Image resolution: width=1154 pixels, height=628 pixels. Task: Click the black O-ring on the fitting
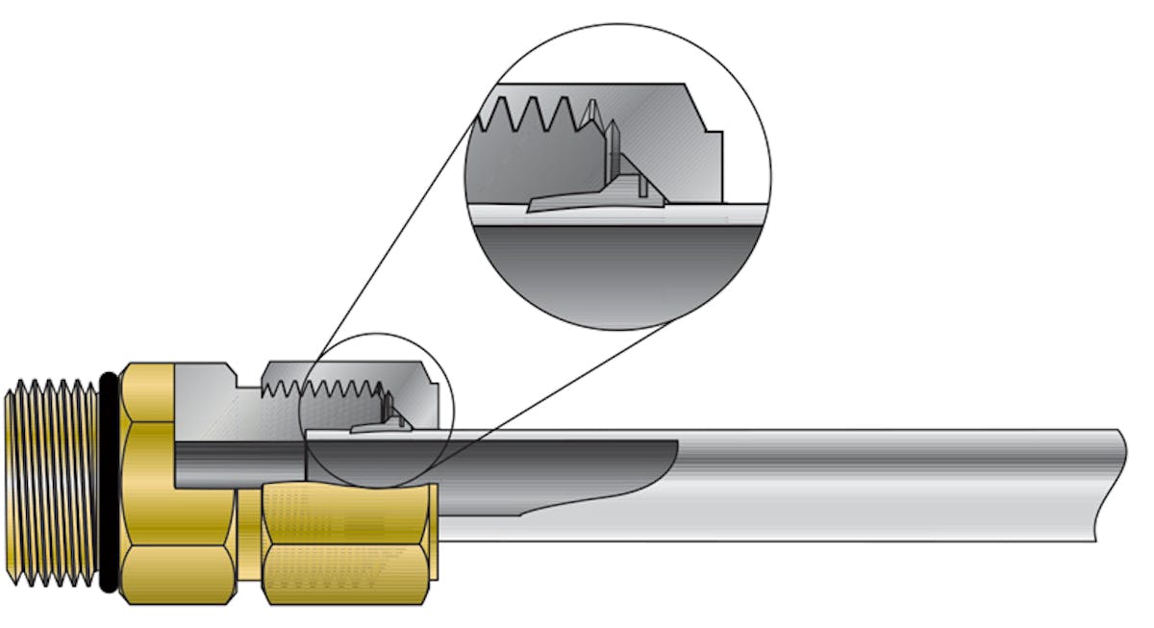coord(109,481)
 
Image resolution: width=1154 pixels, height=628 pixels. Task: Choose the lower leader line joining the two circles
coord(558,385)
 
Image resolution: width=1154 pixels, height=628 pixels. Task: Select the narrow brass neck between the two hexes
coord(249,543)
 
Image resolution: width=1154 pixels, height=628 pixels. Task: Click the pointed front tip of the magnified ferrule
coord(535,206)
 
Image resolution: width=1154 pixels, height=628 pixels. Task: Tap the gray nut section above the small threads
coord(346,370)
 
